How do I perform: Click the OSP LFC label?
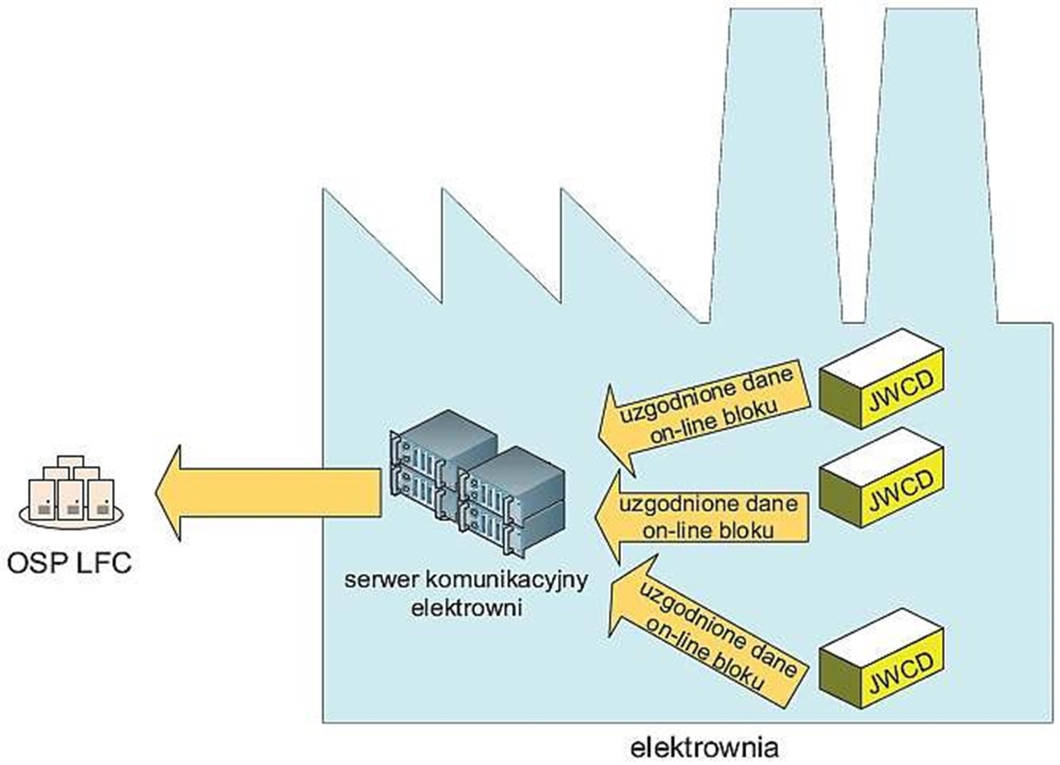pos(69,562)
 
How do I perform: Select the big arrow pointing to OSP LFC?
pos(266,493)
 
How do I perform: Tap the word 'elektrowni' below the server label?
pos(467,606)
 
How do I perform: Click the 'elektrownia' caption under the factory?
pos(704,747)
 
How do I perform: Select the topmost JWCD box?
pos(881,378)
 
